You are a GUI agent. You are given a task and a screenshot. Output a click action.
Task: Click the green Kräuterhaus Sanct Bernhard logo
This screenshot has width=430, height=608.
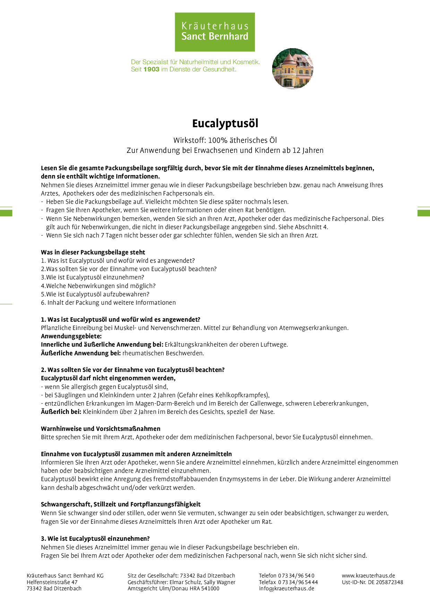[215, 32]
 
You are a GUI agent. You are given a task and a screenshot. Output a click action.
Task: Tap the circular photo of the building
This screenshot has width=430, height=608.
[293, 69]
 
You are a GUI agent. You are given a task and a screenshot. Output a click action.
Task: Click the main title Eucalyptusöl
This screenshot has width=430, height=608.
[225, 123]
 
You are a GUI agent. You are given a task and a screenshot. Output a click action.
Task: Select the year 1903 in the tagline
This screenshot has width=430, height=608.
[151, 69]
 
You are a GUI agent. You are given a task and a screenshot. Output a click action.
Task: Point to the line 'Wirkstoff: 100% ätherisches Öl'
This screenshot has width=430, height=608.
[225, 140]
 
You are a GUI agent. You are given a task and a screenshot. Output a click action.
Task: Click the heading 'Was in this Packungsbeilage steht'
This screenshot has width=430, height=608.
[93, 252]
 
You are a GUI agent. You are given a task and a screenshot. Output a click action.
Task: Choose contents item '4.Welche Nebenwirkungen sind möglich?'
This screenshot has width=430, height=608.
[98, 286]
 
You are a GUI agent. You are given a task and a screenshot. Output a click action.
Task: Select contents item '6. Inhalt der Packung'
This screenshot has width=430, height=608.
[108, 303]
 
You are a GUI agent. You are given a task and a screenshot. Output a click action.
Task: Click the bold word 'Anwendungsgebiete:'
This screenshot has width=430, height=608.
[71, 336]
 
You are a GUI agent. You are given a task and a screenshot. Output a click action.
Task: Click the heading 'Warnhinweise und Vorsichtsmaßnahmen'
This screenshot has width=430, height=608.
[101, 429]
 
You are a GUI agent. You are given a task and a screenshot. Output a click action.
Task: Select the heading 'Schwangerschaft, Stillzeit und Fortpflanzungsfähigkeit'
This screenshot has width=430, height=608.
[121, 504]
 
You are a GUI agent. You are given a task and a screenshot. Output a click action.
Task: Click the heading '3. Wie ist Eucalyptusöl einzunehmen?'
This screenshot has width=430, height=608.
[95, 539]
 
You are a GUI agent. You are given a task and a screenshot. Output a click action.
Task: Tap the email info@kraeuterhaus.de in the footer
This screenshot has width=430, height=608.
[286, 588]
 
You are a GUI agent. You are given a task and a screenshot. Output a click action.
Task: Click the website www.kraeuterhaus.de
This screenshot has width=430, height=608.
[368, 575]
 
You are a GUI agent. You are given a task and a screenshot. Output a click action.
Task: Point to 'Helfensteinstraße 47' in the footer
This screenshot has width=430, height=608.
[52, 582]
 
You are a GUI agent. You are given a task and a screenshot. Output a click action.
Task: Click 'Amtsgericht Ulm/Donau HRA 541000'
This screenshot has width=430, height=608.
[173, 588]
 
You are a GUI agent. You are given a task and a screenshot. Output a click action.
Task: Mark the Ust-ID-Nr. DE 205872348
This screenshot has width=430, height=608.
[372, 582]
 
